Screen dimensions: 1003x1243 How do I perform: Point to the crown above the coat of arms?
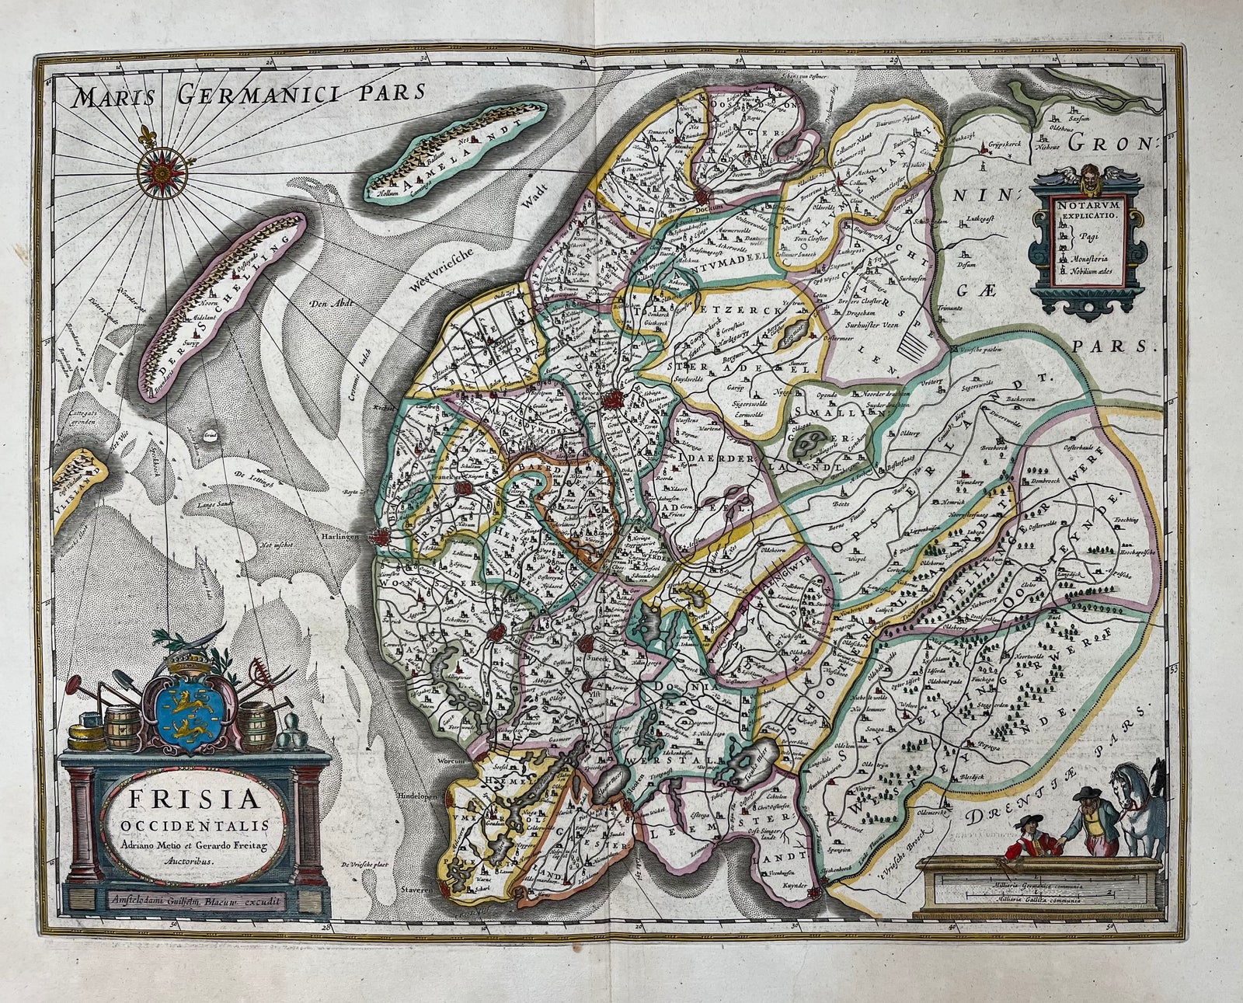[x=185, y=658]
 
